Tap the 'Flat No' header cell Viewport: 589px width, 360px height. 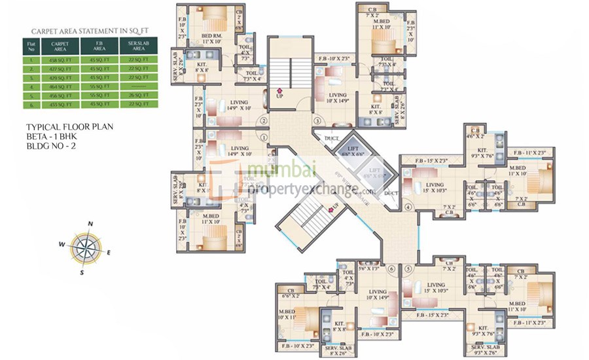pyautogui.click(x=29, y=46)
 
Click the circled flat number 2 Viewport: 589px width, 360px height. pyautogui.click(x=263, y=120)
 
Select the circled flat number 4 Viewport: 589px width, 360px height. pyautogui.click(x=407, y=207)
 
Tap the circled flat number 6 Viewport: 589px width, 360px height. pyautogui.click(x=392, y=268)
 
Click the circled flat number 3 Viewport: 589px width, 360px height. pyautogui.click(x=317, y=120)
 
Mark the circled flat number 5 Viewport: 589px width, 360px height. pyautogui.click(x=408, y=268)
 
